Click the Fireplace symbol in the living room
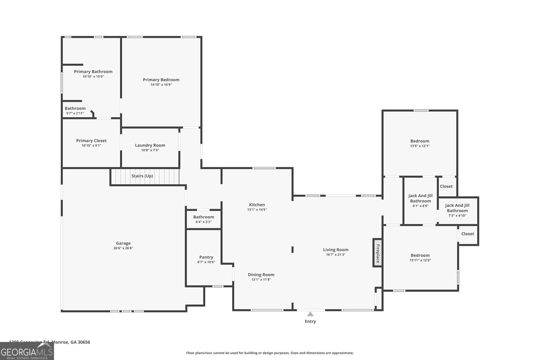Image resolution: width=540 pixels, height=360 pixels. tap(377, 253)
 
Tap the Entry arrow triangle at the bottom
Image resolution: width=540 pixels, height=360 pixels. tap(310, 314)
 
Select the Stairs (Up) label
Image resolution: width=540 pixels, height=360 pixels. tap(142, 176)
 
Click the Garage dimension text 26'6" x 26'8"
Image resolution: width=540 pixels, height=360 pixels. tap(123, 248)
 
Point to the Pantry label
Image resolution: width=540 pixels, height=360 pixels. tap(206, 257)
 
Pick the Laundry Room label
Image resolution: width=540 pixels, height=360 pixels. tap(150, 145)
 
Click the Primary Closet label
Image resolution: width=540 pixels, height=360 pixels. tap(91, 141)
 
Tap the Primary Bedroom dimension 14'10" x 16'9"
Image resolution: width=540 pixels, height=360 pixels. tap(161, 85)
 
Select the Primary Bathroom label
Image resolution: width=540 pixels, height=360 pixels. tap(93, 72)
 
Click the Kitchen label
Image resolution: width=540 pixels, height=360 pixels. tap(257, 205)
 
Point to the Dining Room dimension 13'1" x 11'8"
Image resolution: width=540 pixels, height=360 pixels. tap(261, 280)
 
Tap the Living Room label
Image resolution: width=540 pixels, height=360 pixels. tap(335, 250)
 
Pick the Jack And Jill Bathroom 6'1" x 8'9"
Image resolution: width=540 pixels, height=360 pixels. tap(420, 201)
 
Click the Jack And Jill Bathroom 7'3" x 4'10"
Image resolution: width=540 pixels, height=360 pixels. tap(457, 210)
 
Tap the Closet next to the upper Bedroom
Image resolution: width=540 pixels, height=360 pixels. tap(446, 186)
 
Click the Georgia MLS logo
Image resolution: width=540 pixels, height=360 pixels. tap(27, 351)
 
